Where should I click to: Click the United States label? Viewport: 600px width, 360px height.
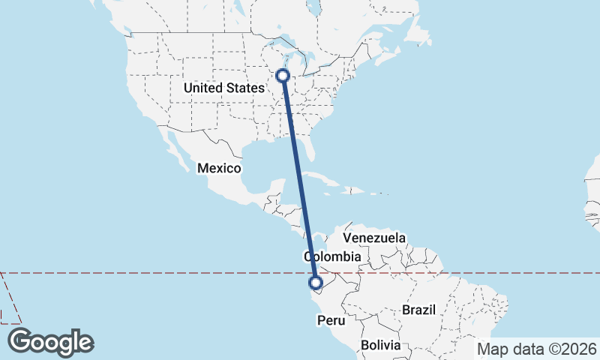(x=223, y=88)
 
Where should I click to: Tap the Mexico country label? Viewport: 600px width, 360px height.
(x=219, y=168)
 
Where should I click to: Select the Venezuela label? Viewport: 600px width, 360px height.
(x=374, y=238)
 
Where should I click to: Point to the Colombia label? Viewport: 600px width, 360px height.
(x=333, y=256)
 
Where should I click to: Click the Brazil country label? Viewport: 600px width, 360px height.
(x=418, y=310)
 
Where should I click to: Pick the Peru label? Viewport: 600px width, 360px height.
(x=331, y=320)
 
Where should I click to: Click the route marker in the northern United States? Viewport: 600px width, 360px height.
(x=283, y=75)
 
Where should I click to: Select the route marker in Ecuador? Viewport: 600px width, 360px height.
(x=316, y=283)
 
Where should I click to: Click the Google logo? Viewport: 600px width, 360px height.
(x=50, y=342)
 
